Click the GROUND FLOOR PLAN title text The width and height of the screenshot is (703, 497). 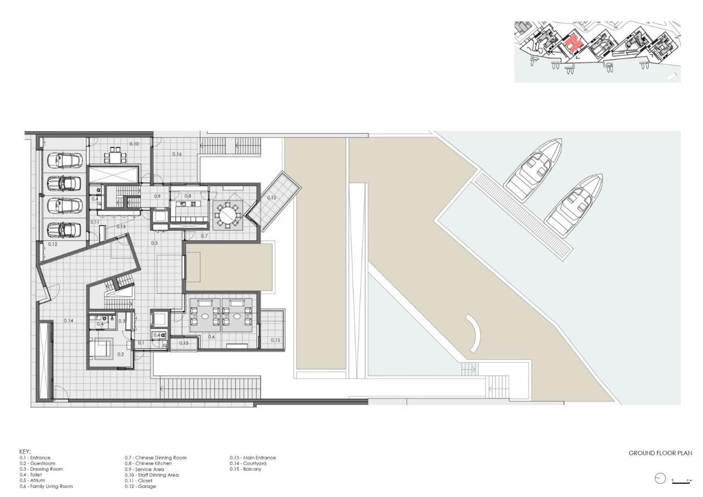pos(660,453)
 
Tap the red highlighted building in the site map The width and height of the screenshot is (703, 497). pos(573,43)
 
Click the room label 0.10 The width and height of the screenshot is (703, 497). pos(134,143)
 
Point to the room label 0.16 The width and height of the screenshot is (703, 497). pos(177,154)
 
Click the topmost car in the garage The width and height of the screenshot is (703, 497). pos(64,160)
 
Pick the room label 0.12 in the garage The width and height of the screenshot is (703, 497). pos(53,244)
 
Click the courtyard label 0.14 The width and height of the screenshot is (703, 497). pos(69,320)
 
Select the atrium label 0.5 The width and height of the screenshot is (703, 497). pos(154,242)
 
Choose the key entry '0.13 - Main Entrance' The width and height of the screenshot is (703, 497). pos(253,457)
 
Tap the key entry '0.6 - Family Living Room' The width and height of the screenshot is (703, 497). pos(46,487)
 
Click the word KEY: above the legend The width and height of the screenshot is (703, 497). pos(25,451)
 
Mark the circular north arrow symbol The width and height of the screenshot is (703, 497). pos(660,479)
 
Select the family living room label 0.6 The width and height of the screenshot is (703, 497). pos(211,336)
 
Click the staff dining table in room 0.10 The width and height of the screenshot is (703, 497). pos(115,156)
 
